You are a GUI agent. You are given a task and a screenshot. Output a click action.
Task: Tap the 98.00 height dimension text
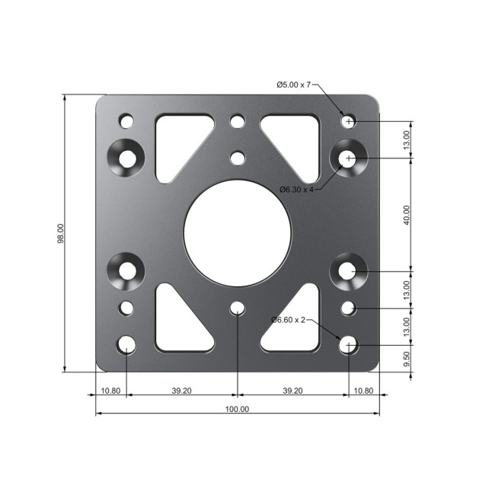click(61, 233)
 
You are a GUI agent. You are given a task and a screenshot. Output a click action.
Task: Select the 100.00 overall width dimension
click(238, 409)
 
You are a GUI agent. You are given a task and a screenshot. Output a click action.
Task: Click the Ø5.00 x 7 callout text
click(293, 85)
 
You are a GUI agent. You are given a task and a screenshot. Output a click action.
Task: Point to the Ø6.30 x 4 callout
click(296, 189)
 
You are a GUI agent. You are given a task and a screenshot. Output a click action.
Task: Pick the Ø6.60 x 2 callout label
click(288, 320)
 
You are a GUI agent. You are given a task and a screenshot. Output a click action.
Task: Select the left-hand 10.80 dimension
click(110, 391)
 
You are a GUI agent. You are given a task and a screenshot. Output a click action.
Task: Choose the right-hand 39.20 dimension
click(292, 391)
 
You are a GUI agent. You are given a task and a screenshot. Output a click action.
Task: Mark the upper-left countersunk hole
click(126, 158)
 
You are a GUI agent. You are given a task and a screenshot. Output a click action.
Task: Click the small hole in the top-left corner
click(126, 121)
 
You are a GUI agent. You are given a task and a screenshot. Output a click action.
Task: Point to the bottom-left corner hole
click(126, 345)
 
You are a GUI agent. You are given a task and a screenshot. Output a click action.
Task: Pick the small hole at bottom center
click(238, 308)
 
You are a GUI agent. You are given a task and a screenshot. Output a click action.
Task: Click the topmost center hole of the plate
click(238, 121)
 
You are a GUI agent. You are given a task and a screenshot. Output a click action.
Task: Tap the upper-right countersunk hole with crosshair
click(349, 158)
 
